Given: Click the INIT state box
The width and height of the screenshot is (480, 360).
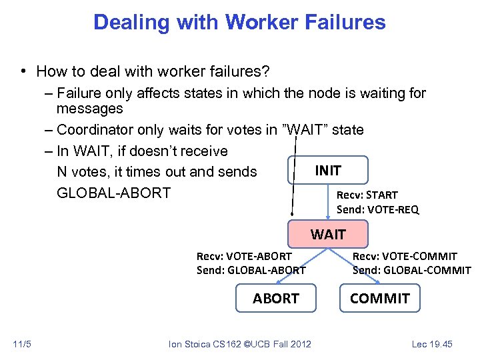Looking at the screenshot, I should tap(327, 170).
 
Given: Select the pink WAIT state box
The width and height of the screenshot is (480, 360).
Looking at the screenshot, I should tap(327, 234).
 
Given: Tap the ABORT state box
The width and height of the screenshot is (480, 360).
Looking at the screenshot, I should tap(275, 298).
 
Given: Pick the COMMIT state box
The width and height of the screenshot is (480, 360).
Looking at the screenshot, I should tap(380, 298).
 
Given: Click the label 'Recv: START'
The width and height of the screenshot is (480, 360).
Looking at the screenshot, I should tap(367, 195).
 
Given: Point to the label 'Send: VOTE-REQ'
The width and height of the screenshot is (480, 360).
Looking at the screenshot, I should tap(377, 209).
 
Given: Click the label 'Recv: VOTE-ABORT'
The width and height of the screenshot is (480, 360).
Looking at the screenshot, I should tap(244, 256).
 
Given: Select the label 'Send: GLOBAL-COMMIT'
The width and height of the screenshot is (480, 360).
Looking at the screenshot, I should tap(411, 270).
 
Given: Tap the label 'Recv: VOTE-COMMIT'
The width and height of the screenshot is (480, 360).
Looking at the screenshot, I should tap(405, 256).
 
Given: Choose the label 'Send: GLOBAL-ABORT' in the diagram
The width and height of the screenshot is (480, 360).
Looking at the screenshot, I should tap(251, 270).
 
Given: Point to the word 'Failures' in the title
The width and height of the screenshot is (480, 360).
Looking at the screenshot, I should tap(349, 22).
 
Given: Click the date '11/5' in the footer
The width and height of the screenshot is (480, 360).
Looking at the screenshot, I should tap(21, 344).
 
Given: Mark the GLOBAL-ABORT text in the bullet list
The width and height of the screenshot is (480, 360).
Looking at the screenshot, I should tap(113, 193).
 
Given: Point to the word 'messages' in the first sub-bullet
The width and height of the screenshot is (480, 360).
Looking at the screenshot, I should tap(89, 108).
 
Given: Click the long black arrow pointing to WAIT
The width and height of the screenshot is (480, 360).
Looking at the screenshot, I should tap(292, 173).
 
